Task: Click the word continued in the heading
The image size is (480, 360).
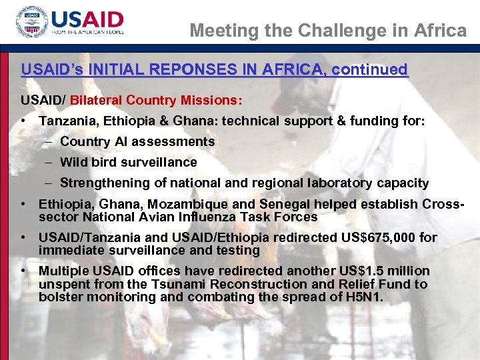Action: click(x=369, y=70)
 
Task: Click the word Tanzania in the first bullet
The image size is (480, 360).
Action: click(x=65, y=121)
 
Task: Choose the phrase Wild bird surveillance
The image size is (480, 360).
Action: click(x=128, y=162)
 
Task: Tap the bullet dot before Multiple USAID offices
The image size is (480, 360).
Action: click(x=24, y=271)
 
